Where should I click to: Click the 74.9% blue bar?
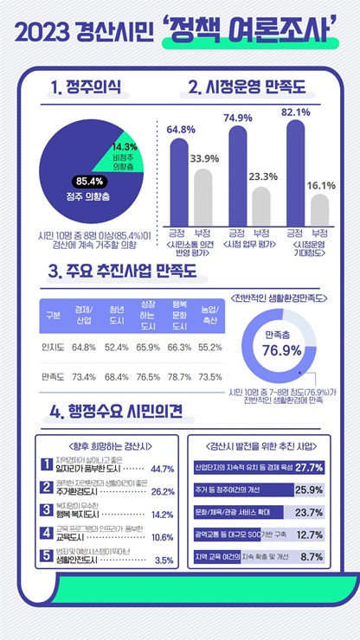pyautogui.click(x=237, y=173)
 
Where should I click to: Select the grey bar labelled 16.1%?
pyautogui.click(x=319, y=208)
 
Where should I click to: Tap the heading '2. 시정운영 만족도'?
pyautogui.click(x=247, y=88)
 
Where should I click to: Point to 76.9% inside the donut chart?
pyautogui.click(x=283, y=350)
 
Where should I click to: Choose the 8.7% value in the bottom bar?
pyautogui.click(x=312, y=557)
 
